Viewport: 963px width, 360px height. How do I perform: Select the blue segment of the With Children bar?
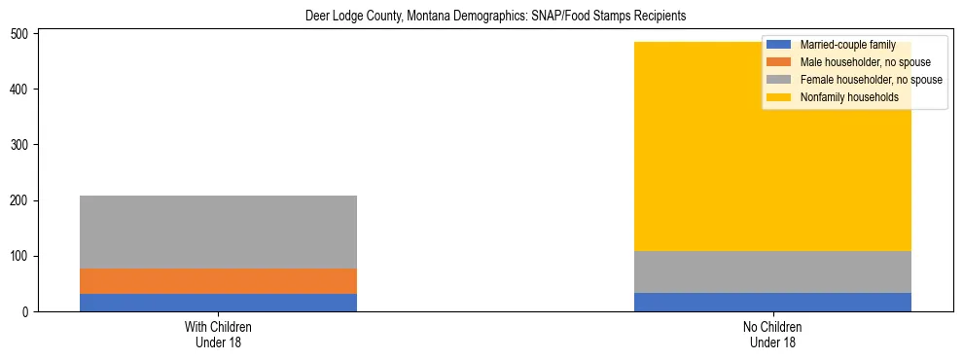pyautogui.click(x=218, y=303)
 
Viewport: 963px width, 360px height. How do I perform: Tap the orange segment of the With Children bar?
pyautogui.click(x=218, y=281)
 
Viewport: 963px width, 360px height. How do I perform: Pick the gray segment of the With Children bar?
pyautogui.click(x=218, y=232)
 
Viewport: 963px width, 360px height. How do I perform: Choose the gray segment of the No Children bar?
pyautogui.click(x=772, y=271)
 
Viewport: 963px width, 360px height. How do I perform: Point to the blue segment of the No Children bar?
pyautogui.click(x=772, y=302)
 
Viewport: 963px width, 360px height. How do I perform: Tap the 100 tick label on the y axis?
pyautogui.click(x=20, y=257)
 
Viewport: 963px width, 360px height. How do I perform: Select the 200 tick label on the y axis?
pyautogui.click(x=20, y=201)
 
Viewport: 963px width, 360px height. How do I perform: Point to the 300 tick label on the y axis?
pyautogui.click(x=20, y=146)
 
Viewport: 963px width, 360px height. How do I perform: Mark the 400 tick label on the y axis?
pyautogui.click(x=20, y=90)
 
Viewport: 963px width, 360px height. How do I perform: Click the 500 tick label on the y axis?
pyautogui.click(x=20, y=34)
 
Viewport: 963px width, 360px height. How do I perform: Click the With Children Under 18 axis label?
pyautogui.click(x=218, y=335)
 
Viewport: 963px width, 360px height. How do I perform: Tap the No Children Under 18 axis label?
pyautogui.click(x=772, y=335)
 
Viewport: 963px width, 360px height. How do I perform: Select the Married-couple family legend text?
pyautogui.click(x=847, y=45)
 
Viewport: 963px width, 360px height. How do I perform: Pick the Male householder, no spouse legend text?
pyautogui.click(x=865, y=62)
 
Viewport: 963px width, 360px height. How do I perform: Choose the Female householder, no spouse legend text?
pyautogui.click(x=871, y=80)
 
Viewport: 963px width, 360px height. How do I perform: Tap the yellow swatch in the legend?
pyautogui.click(x=779, y=97)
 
